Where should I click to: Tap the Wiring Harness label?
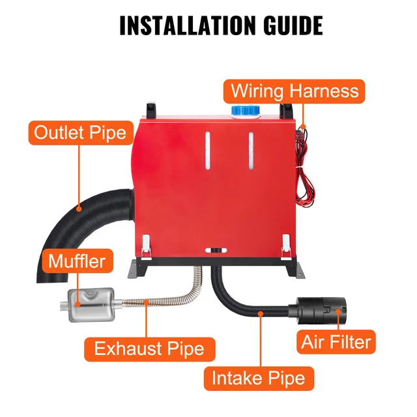coord(295,90)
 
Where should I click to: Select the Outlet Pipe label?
coord(81,134)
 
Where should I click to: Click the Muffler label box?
coord(76,262)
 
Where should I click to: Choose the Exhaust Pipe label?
coord(149,348)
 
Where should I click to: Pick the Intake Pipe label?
coord(259,378)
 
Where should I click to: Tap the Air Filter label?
coord(336,341)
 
